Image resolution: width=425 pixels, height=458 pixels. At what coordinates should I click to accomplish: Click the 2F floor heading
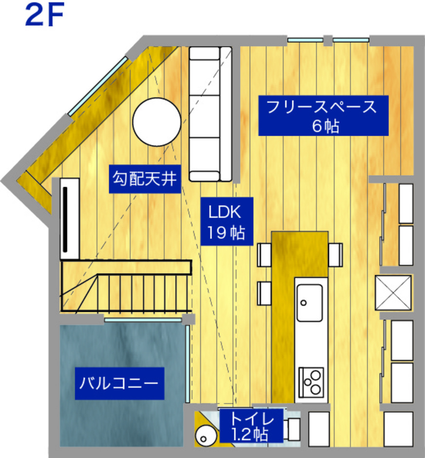coord(44,16)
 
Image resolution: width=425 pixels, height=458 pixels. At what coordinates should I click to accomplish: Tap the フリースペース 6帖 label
coord(323,115)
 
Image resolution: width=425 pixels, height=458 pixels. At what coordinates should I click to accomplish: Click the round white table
coord(156,122)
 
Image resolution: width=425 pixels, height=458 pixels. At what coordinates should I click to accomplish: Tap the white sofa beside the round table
coord(210,114)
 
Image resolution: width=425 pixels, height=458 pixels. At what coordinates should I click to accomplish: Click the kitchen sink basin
coord(309,303)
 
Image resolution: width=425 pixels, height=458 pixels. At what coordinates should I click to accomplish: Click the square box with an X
coord(393,292)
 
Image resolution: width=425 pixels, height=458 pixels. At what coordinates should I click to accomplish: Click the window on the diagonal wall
coord(97,86)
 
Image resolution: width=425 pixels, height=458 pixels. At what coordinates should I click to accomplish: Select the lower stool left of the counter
coord(264,293)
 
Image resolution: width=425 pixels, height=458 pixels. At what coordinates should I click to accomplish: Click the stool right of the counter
coord(335,255)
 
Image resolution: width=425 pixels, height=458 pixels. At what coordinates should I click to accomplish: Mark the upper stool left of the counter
coord(264,255)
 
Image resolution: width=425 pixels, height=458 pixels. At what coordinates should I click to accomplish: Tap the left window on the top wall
coord(306,39)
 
